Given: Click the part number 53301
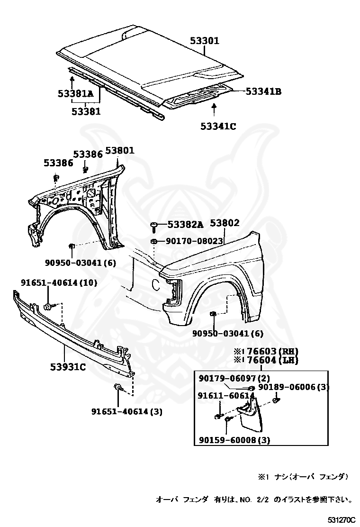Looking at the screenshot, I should tap(205, 41).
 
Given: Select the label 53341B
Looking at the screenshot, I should tap(263, 91).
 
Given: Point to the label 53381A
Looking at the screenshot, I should tap(76, 94).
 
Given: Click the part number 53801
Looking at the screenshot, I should tap(120, 151).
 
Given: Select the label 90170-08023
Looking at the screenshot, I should tap(194, 241).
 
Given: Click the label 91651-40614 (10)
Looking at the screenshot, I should tap(59, 283).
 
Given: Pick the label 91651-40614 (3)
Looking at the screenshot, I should tap(126, 411).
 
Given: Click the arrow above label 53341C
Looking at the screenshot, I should tap(215, 110).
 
